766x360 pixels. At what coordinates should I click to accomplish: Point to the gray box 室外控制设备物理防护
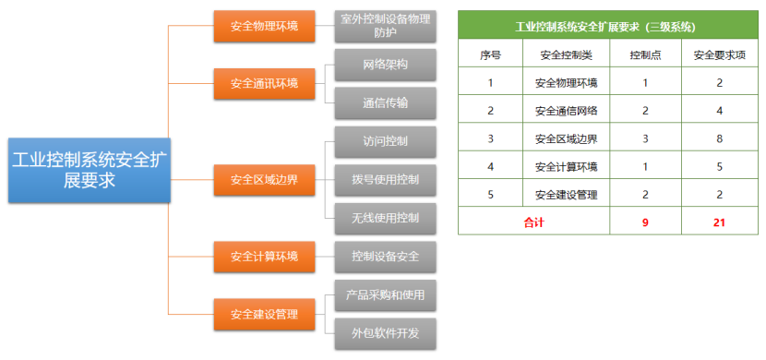(x=385, y=26)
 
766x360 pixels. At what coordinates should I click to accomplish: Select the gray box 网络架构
(x=385, y=66)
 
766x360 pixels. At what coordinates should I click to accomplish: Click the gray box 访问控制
(x=385, y=142)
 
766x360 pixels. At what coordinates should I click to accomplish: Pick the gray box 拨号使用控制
(x=385, y=179)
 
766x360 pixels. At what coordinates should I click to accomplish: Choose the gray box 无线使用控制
(x=385, y=218)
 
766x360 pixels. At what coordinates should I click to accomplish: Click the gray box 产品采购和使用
(x=385, y=295)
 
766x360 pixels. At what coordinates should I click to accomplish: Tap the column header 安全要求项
(x=720, y=54)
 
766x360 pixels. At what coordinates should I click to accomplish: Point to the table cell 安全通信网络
(x=566, y=111)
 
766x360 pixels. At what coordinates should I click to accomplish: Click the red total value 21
(x=720, y=222)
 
